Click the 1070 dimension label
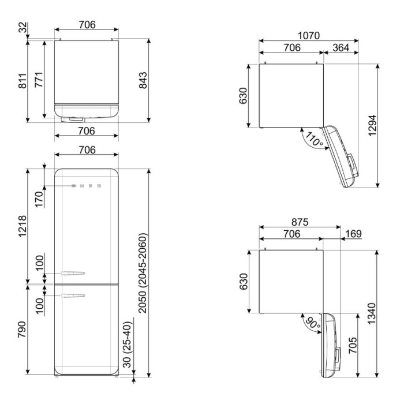point(309,36)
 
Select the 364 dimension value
point(341,48)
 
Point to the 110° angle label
point(315,140)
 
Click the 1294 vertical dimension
point(373,125)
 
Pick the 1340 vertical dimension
point(372,313)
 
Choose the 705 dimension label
point(353,345)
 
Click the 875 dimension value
point(300,222)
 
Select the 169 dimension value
point(353,234)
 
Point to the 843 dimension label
point(143,80)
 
